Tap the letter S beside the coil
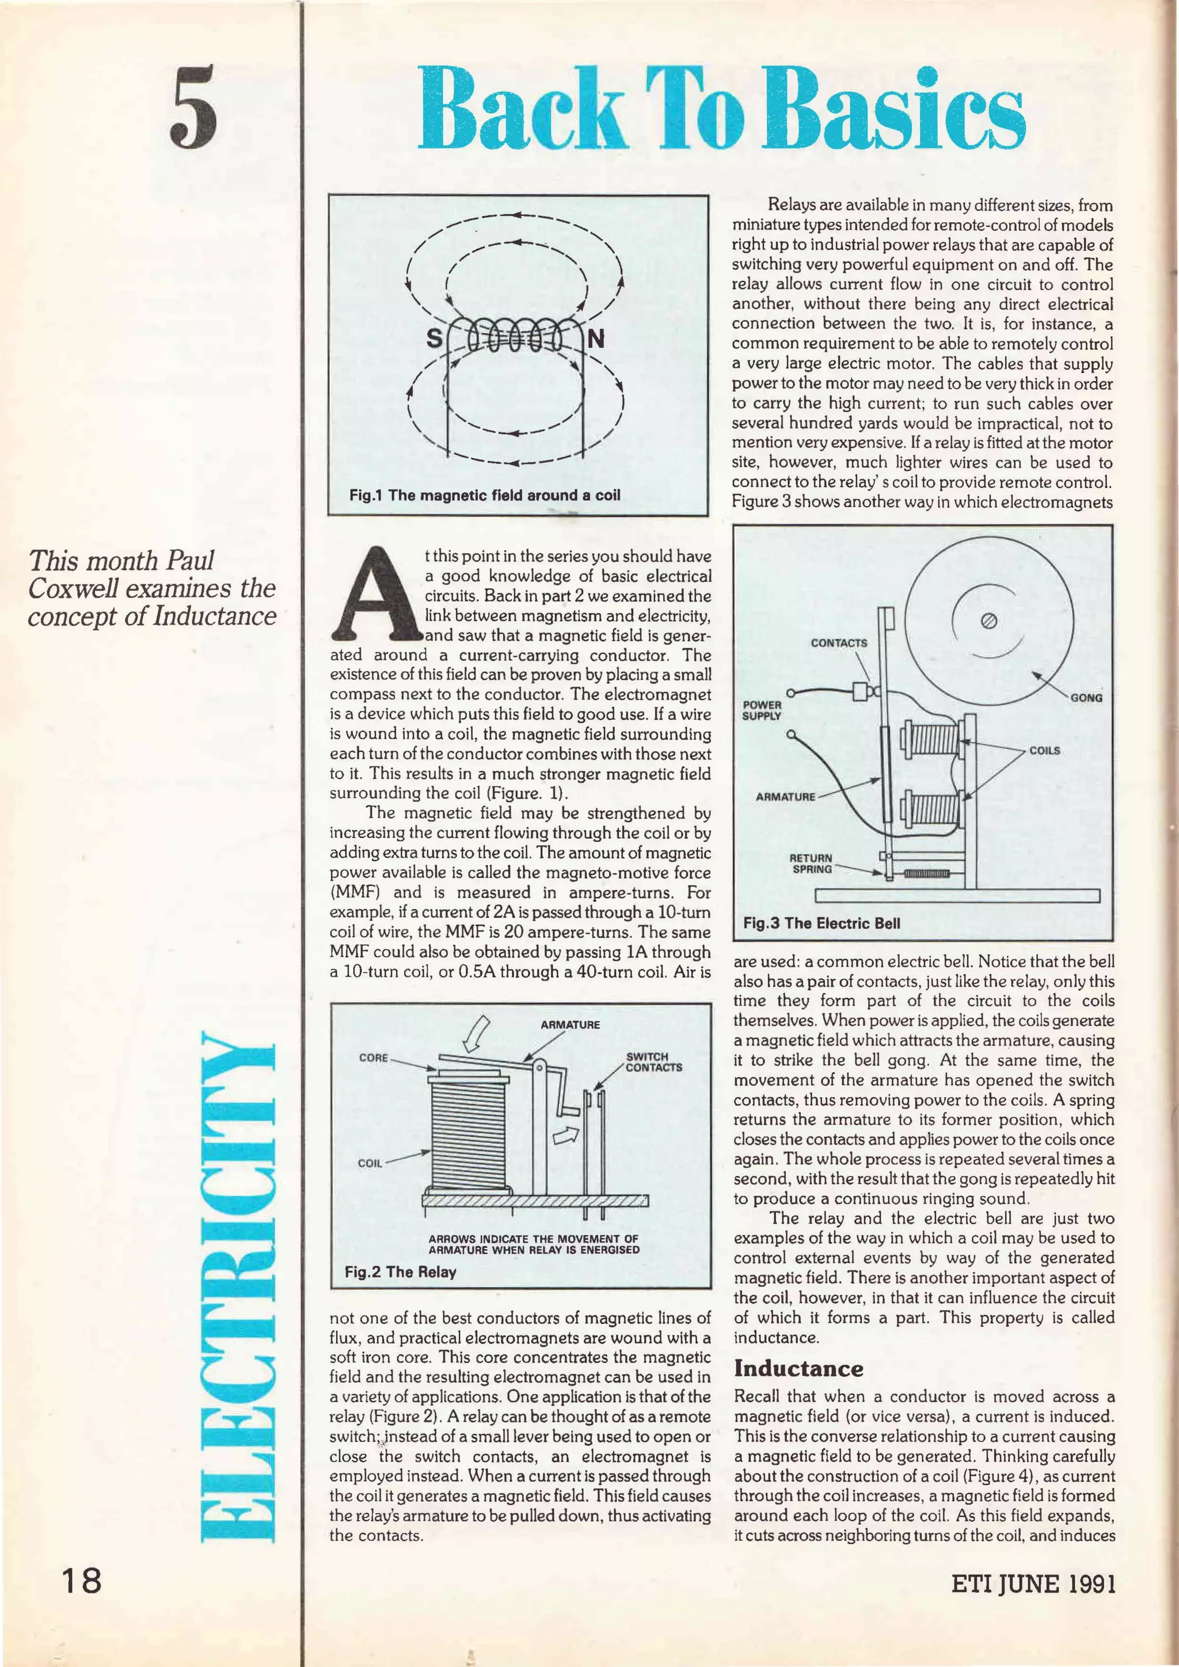click(433, 338)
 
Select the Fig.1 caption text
click(485, 495)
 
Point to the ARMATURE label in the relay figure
click(570, 1025)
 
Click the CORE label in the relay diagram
click(374, 1058)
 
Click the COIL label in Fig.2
click(370, 1162)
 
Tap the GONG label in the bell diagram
click(1086, 697)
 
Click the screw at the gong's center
click(987, 620)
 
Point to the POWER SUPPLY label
click(762, 709)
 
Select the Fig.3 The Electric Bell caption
click(821, 923)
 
